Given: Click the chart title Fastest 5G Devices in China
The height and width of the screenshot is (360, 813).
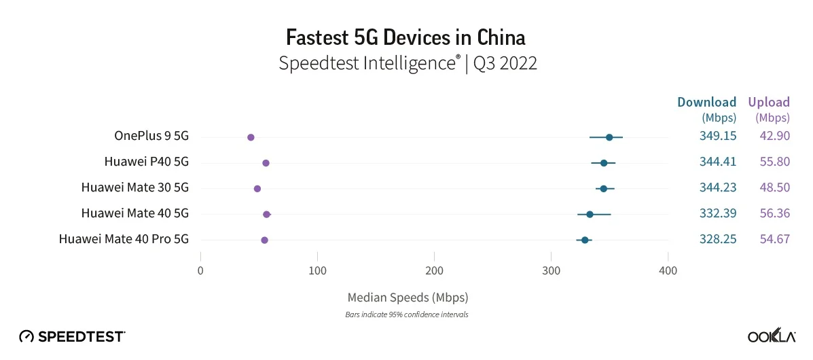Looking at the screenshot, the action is (x=406, y=38).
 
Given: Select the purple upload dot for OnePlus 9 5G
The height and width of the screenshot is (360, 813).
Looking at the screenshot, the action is (x=251, y=137).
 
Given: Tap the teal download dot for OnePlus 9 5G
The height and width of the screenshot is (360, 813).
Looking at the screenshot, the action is (x=609, y=137).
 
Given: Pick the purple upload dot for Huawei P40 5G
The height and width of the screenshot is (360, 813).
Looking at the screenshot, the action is (x=266, y=163).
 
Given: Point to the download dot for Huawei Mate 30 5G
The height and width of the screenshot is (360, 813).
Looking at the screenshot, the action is (x=604, y=189).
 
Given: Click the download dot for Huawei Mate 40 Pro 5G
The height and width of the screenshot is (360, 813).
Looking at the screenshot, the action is (x=585, y=240).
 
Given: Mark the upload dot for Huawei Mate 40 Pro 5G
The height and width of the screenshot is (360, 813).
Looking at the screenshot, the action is (x=264, y=240).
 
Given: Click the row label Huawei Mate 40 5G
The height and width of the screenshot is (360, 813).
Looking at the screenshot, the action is (x=134, y=213).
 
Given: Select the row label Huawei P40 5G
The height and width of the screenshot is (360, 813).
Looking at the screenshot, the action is (x=146, y=162).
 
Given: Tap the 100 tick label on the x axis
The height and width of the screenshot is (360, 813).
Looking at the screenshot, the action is (x=317, y=270).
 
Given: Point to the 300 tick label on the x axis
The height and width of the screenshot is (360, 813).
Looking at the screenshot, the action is (x=551, y=270).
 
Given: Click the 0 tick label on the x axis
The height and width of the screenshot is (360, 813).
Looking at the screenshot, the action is (x=200, y=270).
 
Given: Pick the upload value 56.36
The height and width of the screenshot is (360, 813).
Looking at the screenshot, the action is (x=775, y=213).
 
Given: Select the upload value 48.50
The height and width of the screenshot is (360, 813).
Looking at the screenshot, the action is (x=775, y=187).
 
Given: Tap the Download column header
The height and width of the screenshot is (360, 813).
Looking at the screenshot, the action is (x=707, y=102).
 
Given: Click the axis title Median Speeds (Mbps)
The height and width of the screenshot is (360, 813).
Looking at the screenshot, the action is (x=408, y=298).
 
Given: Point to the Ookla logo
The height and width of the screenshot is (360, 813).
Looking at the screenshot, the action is (x=772, y=336).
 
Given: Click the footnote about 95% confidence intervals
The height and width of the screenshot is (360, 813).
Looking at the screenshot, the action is (x=407, y=314).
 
